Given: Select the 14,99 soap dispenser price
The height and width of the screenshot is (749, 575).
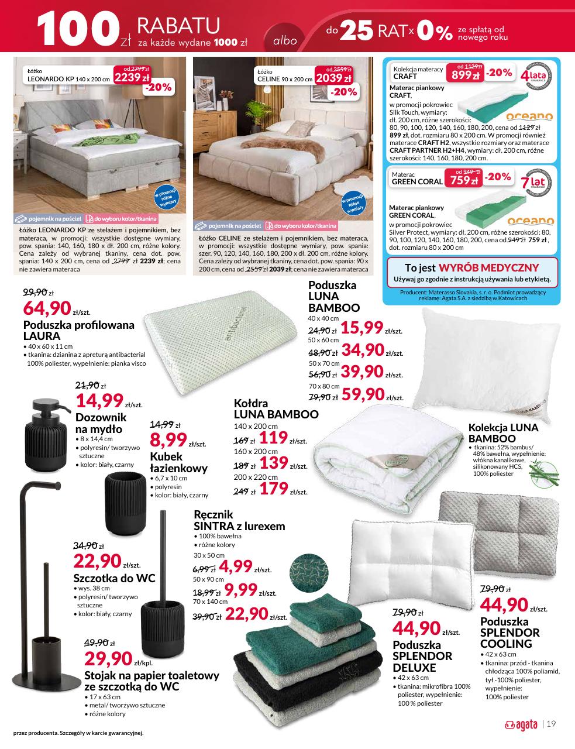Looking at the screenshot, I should [x=99, y=401].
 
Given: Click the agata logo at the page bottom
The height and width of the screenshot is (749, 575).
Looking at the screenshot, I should [x=521, y=724].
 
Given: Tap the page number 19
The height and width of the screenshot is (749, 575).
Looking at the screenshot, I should [x=550, y=724].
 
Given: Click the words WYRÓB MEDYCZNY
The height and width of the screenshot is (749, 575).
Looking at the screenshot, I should [x=488, y=267].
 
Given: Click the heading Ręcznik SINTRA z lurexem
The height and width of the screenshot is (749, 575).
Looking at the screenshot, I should [x=239, y=520].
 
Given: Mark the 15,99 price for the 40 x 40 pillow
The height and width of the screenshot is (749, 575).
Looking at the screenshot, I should [x=361, y=328].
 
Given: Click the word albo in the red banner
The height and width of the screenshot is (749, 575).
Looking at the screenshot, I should [x=285, y=41].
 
